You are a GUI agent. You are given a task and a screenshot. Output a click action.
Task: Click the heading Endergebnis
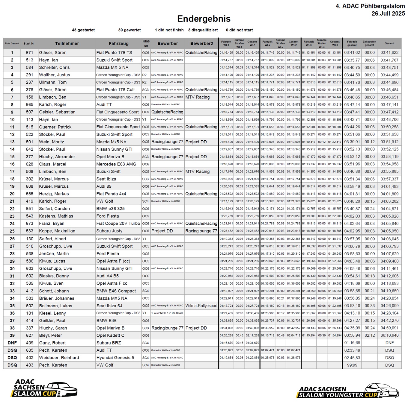[204, 19]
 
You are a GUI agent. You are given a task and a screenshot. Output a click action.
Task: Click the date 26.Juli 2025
[388, 13]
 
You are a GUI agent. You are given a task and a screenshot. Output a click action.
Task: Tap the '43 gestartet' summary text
[83, 30]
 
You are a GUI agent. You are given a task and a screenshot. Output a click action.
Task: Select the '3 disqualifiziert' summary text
[203, 30]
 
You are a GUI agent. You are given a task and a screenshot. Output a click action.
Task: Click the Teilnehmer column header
[67, 43]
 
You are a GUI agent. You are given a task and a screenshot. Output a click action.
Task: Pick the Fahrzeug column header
[118, 43]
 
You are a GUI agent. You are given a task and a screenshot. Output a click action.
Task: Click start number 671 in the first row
[29, 53]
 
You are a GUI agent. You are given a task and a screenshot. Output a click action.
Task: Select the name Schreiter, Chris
[54, 68]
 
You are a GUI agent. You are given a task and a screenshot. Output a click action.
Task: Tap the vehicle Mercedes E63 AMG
[116, 164]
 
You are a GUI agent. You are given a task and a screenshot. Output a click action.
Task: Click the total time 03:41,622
[389, 53]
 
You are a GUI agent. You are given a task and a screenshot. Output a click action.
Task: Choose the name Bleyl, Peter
[50, 335]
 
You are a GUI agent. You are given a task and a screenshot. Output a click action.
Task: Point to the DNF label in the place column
[12, 343]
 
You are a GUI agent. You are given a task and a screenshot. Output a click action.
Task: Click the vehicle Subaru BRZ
[109, 343]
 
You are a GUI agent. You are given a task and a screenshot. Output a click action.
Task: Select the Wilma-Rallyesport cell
[201, 306]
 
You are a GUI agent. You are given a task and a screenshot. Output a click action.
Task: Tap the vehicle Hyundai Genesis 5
[115, 358]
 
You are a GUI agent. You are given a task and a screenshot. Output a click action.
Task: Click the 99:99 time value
[352, 365]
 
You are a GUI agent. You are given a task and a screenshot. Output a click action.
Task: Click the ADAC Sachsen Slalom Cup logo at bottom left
[45, 388]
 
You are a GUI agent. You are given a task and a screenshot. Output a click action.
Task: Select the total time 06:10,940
[389, 335]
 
